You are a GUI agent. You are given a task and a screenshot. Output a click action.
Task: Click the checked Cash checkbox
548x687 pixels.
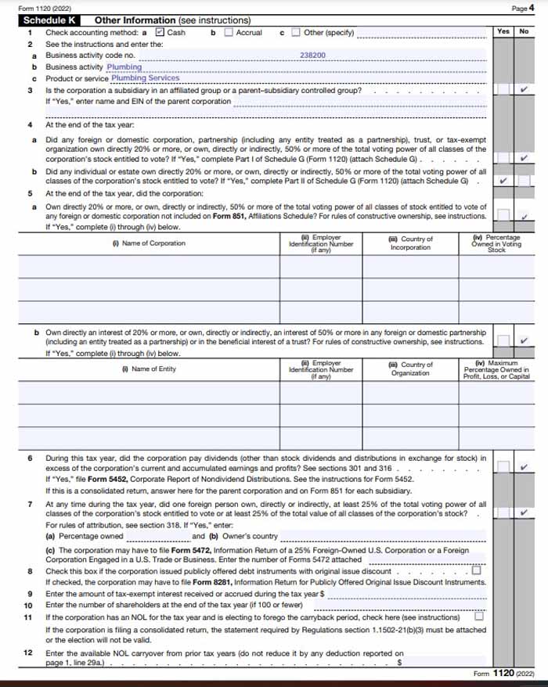coord(160,33)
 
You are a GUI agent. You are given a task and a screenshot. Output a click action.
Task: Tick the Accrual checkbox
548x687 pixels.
coord(229,33)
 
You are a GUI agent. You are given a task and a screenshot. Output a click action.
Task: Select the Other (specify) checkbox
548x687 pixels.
coord(296,33)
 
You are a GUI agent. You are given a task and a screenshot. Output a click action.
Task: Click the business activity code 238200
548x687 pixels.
coord(313,56)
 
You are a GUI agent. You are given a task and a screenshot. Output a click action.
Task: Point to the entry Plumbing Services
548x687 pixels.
coord(145,78)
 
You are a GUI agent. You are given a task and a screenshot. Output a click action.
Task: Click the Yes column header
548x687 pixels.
coord(503,31)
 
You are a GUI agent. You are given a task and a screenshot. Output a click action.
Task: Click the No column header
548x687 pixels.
coord(524,31)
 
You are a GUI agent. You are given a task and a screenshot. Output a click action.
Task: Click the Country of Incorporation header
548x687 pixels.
coord(410,243)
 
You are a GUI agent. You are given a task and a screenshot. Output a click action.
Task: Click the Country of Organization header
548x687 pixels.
coord(410,369)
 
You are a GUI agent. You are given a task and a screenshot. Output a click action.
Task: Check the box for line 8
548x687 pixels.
coord(478,570)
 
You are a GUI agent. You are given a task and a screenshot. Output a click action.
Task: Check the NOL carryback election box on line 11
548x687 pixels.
coord(479,616)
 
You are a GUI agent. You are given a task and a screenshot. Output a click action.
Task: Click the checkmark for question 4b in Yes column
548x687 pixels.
coord(503,180)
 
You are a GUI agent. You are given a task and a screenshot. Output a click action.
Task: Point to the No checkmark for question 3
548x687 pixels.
coord(524,90)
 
